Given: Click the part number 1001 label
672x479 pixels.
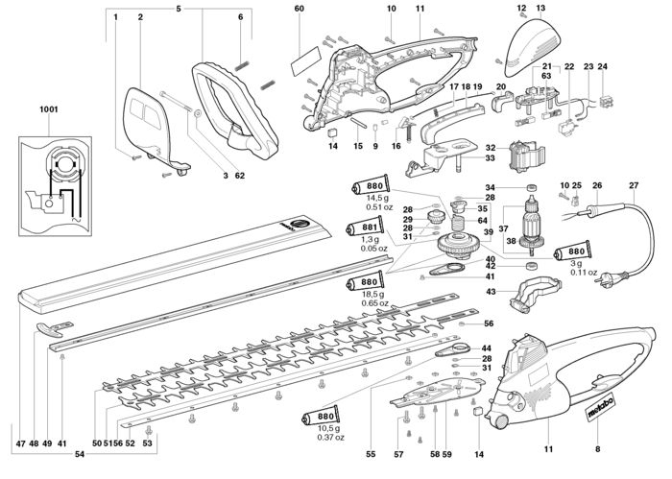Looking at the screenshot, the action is (48, 109).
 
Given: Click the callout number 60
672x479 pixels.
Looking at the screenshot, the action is (300, 9).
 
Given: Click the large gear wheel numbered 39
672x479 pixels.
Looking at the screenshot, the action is (460, 246).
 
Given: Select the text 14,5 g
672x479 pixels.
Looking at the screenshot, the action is (376, 199).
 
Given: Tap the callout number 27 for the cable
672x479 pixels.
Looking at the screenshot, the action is (634, 185).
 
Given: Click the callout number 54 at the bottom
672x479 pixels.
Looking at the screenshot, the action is (80, 455).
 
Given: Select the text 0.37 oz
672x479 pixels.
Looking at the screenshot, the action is (330, 438).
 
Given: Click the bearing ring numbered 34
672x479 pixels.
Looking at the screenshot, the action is (532, 187).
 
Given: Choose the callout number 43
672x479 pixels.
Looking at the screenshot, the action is (491, 292).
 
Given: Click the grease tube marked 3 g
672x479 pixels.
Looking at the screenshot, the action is (572, 251).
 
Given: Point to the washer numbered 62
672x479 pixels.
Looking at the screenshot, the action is (198, 114).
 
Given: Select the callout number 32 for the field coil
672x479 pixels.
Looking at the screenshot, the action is (491, 148).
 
